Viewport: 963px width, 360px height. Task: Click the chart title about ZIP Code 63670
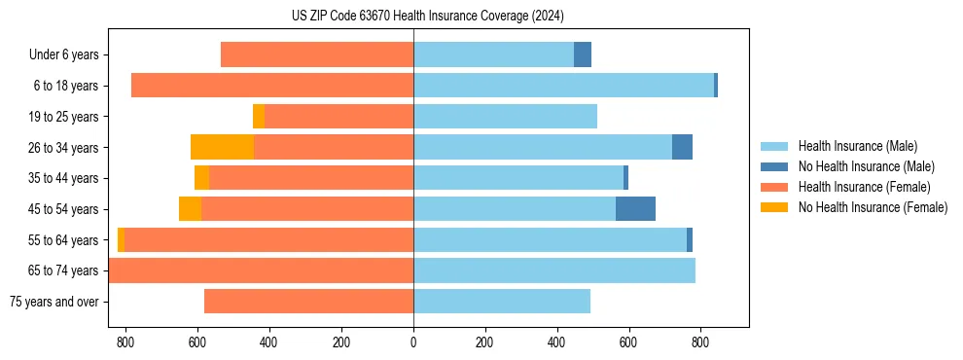427,16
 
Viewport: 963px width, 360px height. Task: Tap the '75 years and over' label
54,302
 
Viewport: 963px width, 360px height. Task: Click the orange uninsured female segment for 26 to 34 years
222,147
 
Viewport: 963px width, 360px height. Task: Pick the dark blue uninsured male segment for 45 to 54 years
635,209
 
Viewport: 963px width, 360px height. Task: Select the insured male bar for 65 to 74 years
554,270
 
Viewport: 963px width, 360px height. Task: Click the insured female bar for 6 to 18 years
272,86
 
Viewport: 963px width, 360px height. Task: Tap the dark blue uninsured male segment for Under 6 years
583,54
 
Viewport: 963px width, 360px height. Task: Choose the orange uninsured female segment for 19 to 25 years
259,117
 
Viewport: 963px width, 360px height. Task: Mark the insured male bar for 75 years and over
502,302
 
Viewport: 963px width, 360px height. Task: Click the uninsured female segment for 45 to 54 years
190,209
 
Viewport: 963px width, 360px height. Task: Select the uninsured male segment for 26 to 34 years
682,147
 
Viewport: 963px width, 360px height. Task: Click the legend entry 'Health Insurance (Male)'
857,147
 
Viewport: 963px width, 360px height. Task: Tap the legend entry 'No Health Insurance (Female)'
873,207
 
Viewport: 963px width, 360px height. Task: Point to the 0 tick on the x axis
413,342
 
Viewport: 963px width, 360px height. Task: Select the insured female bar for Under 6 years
317,54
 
